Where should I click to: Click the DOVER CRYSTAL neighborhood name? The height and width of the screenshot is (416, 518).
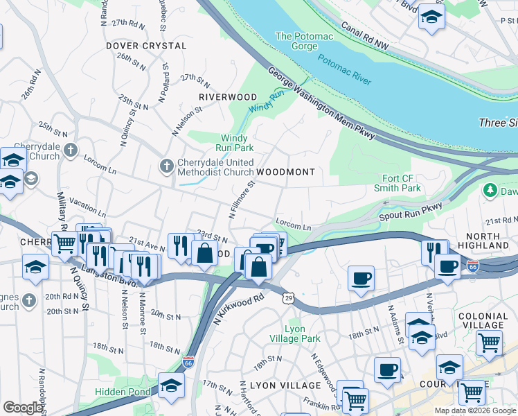[x=146, y=46]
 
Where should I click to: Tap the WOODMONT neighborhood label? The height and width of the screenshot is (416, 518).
[x=285, y=172]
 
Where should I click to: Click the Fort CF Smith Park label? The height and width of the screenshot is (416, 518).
[x=402, y=183]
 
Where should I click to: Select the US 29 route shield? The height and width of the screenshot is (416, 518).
[x=287, y=297]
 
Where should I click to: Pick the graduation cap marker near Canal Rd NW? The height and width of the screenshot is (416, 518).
[x=431, y=17]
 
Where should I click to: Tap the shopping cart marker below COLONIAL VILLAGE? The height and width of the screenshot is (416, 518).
[x=489, y=341]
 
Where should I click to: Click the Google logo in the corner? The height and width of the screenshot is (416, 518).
[x=23, y=408]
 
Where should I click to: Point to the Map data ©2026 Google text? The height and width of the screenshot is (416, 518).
[x=475, y=410]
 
